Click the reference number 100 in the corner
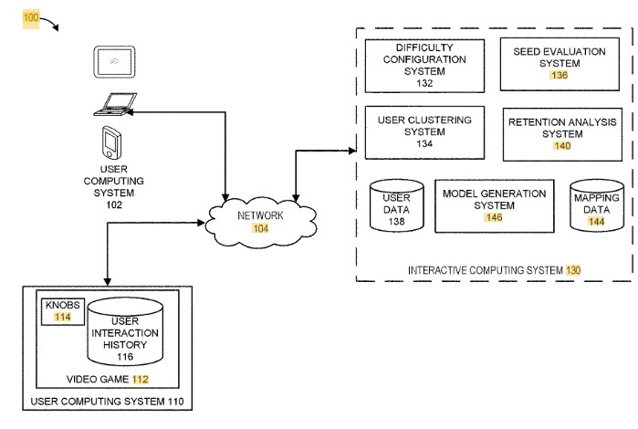point(31,18)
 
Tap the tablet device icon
point(114,62)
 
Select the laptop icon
point(115,105)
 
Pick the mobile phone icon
point(111,142)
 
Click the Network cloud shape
point(261,222)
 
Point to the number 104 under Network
point(260,228)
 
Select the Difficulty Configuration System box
point(424,66)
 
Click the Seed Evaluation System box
point(560,64)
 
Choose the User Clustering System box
point(424,132)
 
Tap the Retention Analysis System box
point(562,134)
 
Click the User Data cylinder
point(397,205)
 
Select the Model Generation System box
point(495,206)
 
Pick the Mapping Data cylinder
point(597,205)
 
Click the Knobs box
point(63,312)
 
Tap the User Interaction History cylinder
point(125,331)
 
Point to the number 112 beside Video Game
point(141,380)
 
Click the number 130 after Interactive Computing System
point(573,270)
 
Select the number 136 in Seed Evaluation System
point(560,75)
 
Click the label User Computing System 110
point(107,402)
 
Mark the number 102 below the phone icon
point(114,204)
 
